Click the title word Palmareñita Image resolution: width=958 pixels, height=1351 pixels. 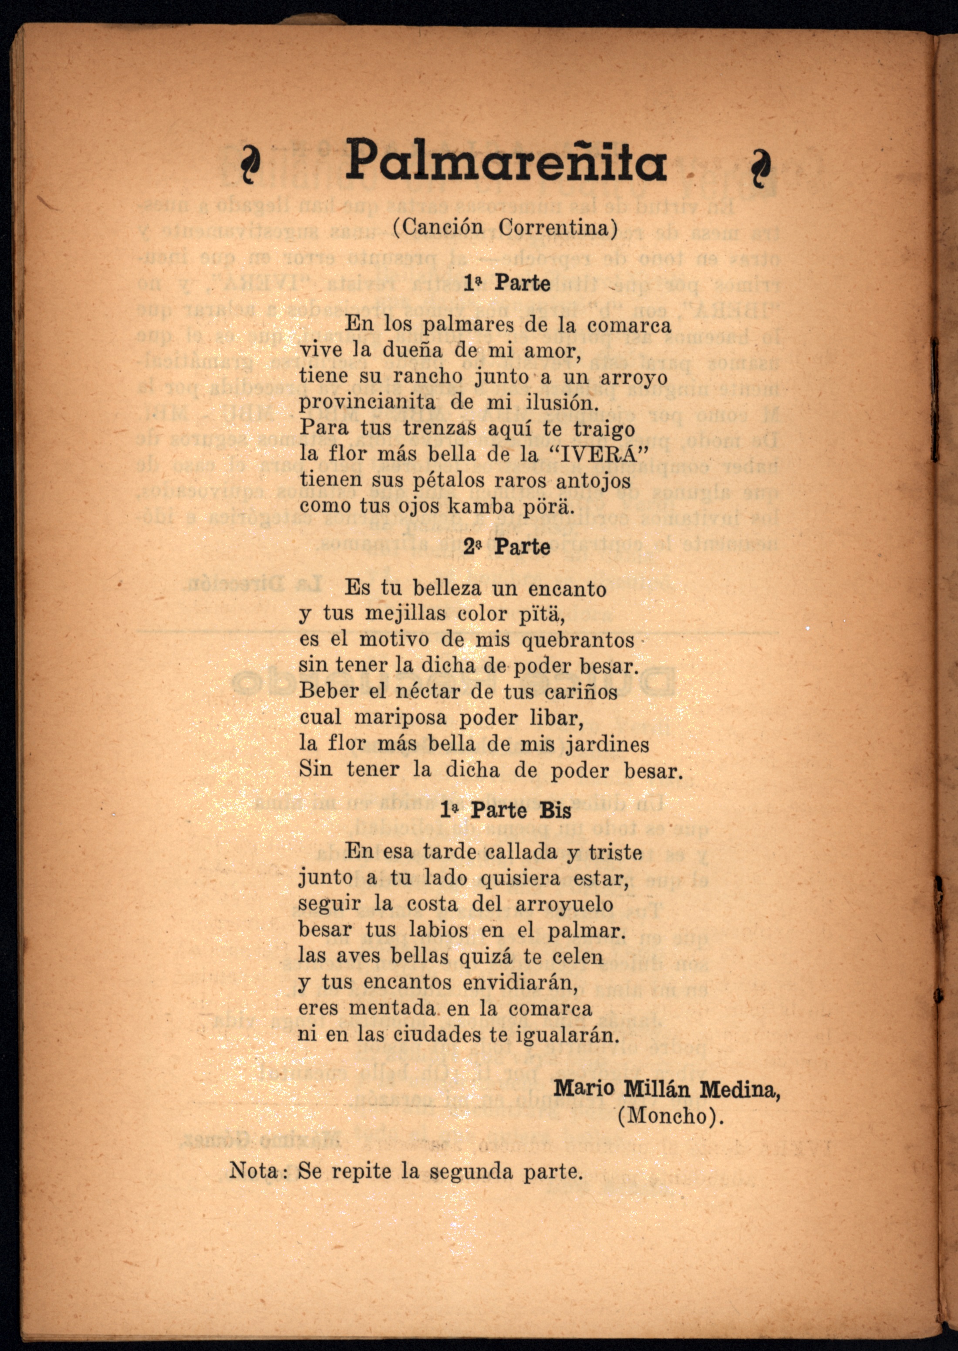tap(506, 160)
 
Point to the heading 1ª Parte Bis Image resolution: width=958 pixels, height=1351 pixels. tap(506, 810)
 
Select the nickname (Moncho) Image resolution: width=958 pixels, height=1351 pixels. tap(670, 1116)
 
